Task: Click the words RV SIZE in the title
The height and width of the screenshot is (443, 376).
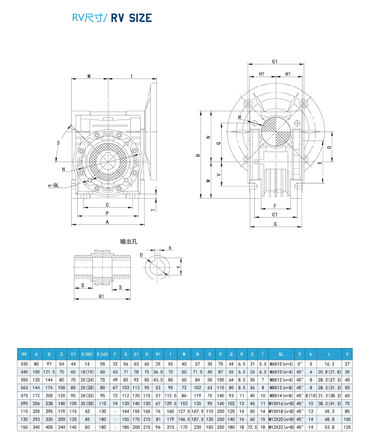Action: point(131,18)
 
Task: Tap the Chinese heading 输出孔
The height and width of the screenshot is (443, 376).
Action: point(128,241)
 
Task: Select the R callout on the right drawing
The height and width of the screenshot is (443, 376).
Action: point(240,117)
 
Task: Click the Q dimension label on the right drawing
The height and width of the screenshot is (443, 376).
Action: point(217,143)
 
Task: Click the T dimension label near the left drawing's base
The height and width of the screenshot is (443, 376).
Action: point(153,209)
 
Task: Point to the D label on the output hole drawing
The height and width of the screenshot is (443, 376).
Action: point(142,255)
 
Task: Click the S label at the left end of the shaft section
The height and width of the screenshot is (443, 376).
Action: point(83,286)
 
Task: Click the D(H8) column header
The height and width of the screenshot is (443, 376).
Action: point(87,354)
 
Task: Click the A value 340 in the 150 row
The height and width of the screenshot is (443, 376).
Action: point(37,427)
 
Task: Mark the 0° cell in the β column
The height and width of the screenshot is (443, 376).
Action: point(300,364)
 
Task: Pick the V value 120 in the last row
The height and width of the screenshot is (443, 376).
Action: point(348,427)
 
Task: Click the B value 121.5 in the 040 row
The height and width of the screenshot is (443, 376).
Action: point(49,371)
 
